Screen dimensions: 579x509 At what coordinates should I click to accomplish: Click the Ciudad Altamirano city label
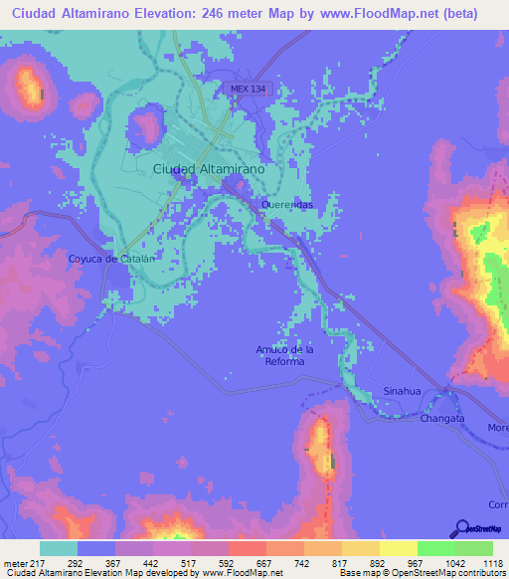pos(209,170)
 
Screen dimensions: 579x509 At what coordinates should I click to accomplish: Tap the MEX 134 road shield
pos(247,89)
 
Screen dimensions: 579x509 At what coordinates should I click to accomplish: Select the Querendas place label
pos(287,204)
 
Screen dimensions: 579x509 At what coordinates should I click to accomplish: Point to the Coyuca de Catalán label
pos(112,259)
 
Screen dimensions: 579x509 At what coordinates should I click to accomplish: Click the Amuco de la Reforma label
pos(284,355)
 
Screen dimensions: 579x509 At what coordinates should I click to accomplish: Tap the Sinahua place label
pos(403,391)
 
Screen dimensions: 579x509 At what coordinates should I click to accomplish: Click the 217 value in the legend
pos(39,562)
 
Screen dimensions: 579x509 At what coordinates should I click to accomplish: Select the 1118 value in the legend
pos(492,562)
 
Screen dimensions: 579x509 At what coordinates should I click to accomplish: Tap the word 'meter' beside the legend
pos(15,562)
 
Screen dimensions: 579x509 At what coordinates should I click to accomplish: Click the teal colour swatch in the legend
pos(59,548)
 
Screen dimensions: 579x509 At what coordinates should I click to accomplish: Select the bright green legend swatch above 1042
pos(436,548)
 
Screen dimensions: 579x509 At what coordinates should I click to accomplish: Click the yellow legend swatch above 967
pos(399,548)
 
